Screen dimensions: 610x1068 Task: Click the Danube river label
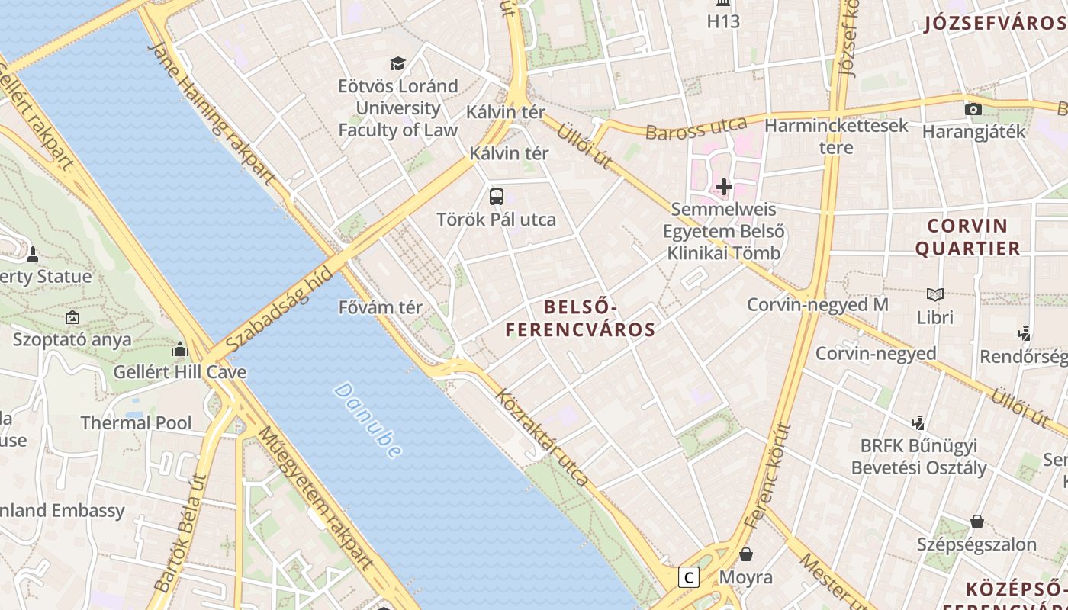pos(368,420)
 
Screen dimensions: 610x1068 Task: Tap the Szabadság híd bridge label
pos(280,309)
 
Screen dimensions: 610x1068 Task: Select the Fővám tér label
pos(380,308)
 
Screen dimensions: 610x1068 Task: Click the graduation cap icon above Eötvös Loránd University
pos(397,63)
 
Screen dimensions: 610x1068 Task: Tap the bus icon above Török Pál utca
pos(497,196)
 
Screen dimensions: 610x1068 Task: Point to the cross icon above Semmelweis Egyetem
pos(723,186)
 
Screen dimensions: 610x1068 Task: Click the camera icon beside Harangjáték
pos(973,109)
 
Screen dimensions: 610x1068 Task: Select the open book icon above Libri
pos(934,294)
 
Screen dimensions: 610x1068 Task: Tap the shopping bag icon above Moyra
pos(745,554)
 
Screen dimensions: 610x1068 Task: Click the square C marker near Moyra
pos(689,577)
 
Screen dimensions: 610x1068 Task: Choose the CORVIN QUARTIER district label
pos(967,237)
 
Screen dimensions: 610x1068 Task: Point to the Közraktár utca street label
pos(542,438)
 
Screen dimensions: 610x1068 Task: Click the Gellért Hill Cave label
pos(180,372)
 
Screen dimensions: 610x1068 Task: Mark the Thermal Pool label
pos(136,422)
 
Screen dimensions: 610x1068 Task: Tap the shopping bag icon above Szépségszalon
pos(976,522)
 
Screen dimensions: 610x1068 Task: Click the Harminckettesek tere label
pos(836,136)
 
